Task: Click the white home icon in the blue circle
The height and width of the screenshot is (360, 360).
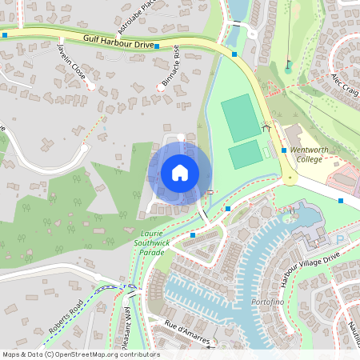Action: (180, 172)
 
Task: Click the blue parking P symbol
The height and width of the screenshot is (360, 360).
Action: (342, 239)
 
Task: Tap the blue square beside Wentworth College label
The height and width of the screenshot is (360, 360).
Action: (284, 150)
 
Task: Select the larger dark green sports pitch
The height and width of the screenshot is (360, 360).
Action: (241, 116)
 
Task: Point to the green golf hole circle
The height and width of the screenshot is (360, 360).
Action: (288, 70)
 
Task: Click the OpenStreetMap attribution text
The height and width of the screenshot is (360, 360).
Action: (80, 354)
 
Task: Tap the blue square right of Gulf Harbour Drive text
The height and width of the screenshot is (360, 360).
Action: (157, 46)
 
